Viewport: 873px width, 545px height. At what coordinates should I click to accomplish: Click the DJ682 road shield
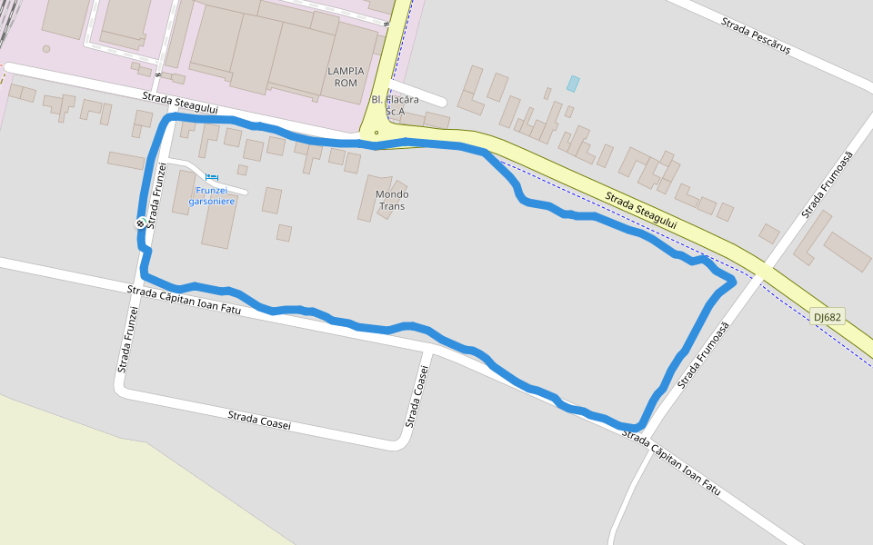click(x=828, y=317)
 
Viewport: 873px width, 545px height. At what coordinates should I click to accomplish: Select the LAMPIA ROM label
click(x=346, y=77)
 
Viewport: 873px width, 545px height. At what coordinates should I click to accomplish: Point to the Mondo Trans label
click(x=392, y=200)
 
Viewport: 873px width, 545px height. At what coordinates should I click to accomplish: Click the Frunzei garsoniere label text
click(x=212, y=195)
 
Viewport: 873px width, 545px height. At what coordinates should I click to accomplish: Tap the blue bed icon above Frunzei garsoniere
click(x=212, y=177)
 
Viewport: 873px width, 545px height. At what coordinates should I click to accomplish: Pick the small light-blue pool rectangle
click(x=573, y=84)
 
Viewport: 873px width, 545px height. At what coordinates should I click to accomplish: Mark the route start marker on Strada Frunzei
click(x=140, y=223)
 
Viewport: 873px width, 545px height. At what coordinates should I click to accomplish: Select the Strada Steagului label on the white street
click(x=180, y=103)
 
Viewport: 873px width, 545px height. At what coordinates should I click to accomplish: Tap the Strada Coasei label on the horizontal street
click(x=259, y=421)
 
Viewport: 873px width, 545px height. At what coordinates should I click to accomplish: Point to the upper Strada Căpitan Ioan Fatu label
click(x=185, y=301)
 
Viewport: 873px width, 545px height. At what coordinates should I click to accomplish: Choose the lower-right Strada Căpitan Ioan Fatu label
click(x=671, y=463)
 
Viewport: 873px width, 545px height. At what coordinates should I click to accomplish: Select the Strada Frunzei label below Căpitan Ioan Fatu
click(x=127, y=340)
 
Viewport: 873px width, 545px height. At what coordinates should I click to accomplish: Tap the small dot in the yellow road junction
click(x=376, y=133)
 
